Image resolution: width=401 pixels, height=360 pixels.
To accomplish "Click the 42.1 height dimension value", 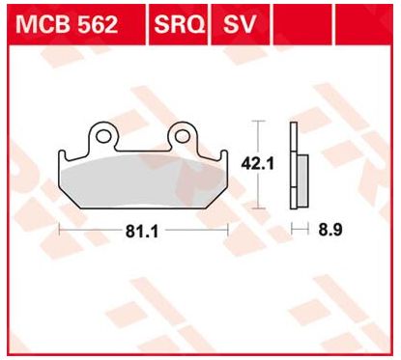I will click(x=252, y=163).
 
